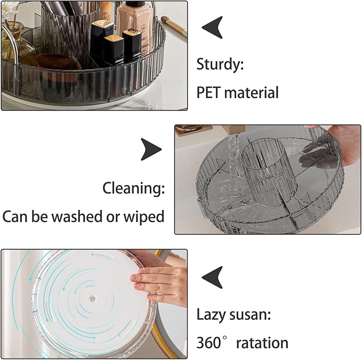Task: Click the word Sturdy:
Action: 220,65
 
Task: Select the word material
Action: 252,93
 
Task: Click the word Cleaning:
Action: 133,188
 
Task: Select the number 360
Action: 208,343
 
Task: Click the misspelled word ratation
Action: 262,343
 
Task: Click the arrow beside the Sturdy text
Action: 212,27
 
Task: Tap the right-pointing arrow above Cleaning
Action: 151,149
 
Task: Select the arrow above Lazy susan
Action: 212,277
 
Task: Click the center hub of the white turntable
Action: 93,298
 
